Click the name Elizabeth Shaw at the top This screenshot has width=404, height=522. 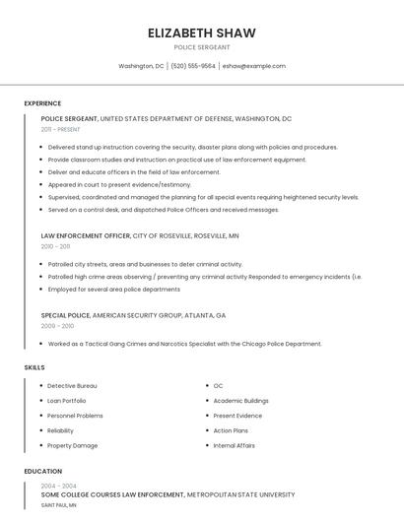[201, 33]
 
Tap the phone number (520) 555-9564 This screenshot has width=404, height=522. [192, 66]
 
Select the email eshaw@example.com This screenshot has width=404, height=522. [253, 66]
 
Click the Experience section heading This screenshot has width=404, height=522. [42, 103]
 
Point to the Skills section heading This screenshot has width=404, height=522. [34, 367]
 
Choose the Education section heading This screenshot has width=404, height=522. [43, 472]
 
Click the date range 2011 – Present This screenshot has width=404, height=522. [61, 129]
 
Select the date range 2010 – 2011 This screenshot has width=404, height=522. [57, 246]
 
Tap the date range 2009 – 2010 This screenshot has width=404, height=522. [57, 325]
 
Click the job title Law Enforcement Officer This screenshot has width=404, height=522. [86, 236]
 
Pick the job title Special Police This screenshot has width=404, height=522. [65, 315]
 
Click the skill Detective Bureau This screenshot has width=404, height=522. [72, 386]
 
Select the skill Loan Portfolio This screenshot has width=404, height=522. [67, 401]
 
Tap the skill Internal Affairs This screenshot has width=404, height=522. [234, 445]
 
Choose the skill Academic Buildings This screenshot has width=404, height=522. [240, 401]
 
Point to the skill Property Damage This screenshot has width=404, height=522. [72, 445]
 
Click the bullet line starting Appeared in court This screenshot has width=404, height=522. [119, 184]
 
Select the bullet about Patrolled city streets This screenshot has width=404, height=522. [145, 264]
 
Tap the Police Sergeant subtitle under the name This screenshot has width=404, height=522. [201, 47]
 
